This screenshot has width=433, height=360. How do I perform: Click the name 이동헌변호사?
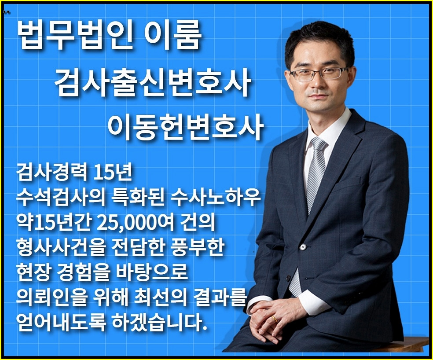pos(185,128)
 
